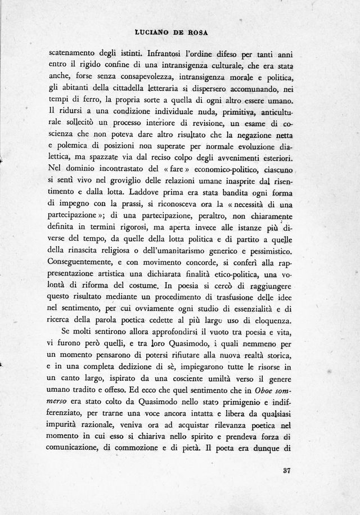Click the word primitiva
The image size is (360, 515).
[x=240, y=116]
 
